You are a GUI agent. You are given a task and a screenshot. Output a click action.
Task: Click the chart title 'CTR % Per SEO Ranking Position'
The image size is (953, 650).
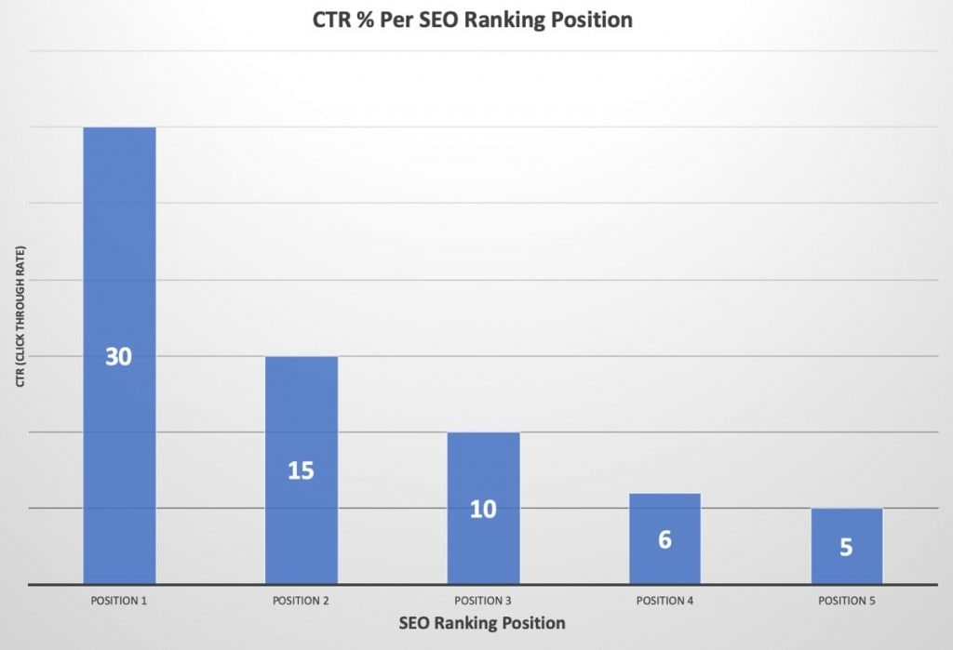473,20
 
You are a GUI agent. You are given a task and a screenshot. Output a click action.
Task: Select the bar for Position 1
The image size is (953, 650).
119,279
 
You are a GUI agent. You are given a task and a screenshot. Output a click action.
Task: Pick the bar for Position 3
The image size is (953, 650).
483,465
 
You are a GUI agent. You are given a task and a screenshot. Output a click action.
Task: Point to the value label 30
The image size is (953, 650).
118,356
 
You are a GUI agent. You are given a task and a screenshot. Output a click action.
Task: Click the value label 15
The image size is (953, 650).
301,471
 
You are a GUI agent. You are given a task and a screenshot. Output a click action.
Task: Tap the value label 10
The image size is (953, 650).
483,510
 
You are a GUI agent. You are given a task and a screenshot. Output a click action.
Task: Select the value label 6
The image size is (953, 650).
664,539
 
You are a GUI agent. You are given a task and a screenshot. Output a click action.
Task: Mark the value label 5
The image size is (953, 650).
846,547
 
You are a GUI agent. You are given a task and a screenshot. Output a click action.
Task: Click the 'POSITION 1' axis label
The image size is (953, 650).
119,601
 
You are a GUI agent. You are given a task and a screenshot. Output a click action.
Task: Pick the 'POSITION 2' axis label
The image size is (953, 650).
301,601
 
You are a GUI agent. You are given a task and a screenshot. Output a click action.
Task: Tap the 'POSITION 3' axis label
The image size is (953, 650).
483,601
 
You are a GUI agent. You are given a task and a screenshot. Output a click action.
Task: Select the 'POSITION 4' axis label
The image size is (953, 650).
664,601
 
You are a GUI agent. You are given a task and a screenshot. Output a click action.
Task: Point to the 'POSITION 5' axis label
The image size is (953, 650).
846,601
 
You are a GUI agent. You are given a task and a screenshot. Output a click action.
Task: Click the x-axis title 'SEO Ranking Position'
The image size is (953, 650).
483,622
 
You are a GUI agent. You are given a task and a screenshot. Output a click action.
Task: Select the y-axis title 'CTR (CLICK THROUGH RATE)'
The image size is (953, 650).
20,317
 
